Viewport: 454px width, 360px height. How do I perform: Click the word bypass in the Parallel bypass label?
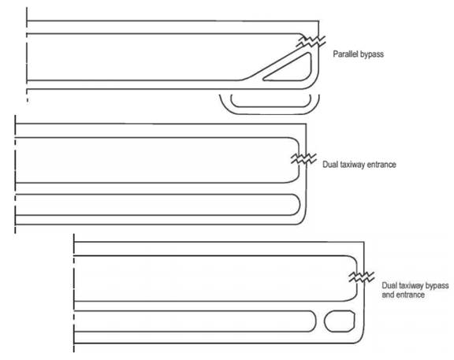point(371,54)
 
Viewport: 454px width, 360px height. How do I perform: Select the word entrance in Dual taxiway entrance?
point(381,165)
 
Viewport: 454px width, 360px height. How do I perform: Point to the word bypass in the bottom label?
point(436,286)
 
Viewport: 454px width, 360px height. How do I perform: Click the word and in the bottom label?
point(388,295)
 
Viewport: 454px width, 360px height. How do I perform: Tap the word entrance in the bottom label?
point(410,295)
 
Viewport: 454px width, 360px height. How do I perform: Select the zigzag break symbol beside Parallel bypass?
point(311,42)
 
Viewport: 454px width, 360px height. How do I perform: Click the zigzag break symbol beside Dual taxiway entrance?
point(303,158)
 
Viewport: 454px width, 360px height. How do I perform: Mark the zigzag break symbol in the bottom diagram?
point(362,276)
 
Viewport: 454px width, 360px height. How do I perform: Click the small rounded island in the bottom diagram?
point(340,321)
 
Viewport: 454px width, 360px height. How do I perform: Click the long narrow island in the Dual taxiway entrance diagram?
point(157,194)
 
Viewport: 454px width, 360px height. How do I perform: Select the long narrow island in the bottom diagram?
point(195,311)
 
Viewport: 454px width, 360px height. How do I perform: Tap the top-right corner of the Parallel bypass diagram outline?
point(318,20)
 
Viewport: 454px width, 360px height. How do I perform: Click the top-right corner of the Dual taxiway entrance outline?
point(306,124)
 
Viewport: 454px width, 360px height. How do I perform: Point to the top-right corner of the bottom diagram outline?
point(364,241)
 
